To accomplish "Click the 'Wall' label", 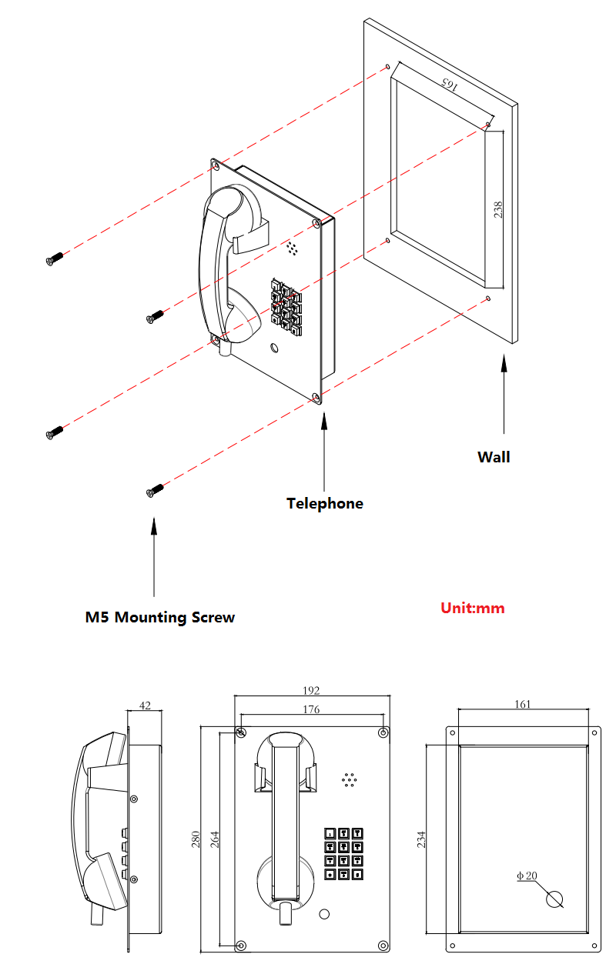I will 494,457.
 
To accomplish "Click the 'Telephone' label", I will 324,503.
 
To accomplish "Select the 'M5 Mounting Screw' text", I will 160,617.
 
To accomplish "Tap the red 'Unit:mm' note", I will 472,608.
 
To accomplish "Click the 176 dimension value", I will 310,709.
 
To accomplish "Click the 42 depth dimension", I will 145,705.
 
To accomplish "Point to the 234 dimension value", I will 421,839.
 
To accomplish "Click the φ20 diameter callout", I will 527,876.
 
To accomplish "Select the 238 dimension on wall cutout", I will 498,208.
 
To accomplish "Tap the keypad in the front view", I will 343,853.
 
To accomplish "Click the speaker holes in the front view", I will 350,779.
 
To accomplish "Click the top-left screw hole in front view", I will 242,732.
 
